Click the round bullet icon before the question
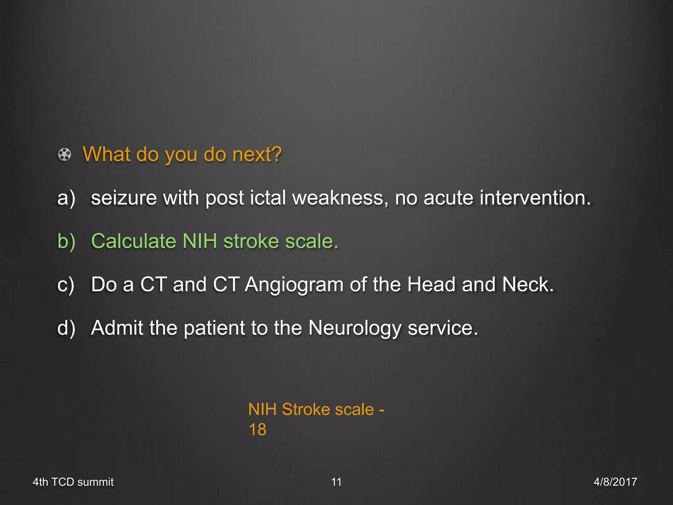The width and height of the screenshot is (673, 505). tap(64, 155)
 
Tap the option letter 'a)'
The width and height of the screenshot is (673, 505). tap(66, 198)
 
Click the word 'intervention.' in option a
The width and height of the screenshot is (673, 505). tap(535, 198)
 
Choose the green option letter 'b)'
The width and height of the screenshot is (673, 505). tap(66, 241)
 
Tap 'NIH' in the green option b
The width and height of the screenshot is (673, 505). tap(199, 241)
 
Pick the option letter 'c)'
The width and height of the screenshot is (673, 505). tap(66, 285)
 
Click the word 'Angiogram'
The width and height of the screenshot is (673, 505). tap(294, 285)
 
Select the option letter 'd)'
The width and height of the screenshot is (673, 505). tap(66, 328)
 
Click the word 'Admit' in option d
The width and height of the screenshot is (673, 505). tap(117, 328)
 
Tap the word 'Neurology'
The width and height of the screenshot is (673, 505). tap(355, 328)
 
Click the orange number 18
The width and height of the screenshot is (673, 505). tap(258, 429)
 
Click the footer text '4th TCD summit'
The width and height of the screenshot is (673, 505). tap(73, 482)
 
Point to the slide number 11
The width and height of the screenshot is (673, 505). tap(336, 482)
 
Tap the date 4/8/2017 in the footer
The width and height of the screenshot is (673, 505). tap(615, 482)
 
